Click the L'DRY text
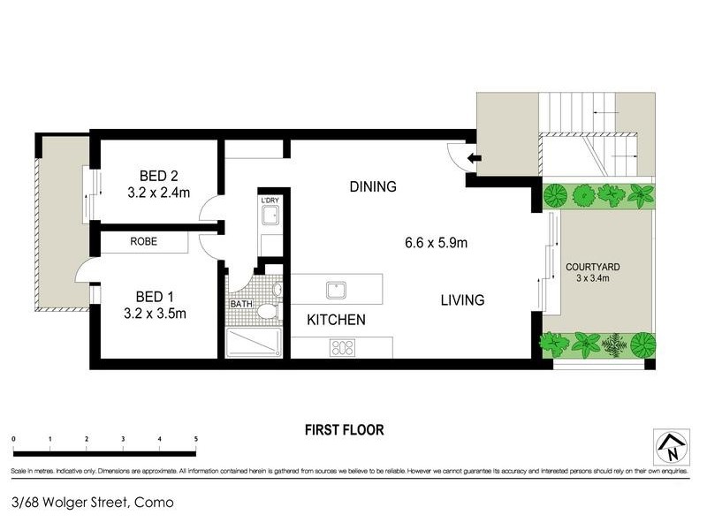[270, 201]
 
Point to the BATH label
[240, 304]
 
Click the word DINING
[372, 186]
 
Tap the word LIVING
[462, 300]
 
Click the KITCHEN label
[336, 320]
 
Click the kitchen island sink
[334, 290]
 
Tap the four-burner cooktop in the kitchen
[341, 348]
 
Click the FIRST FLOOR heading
[344, 430]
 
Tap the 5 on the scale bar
[195, 439]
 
